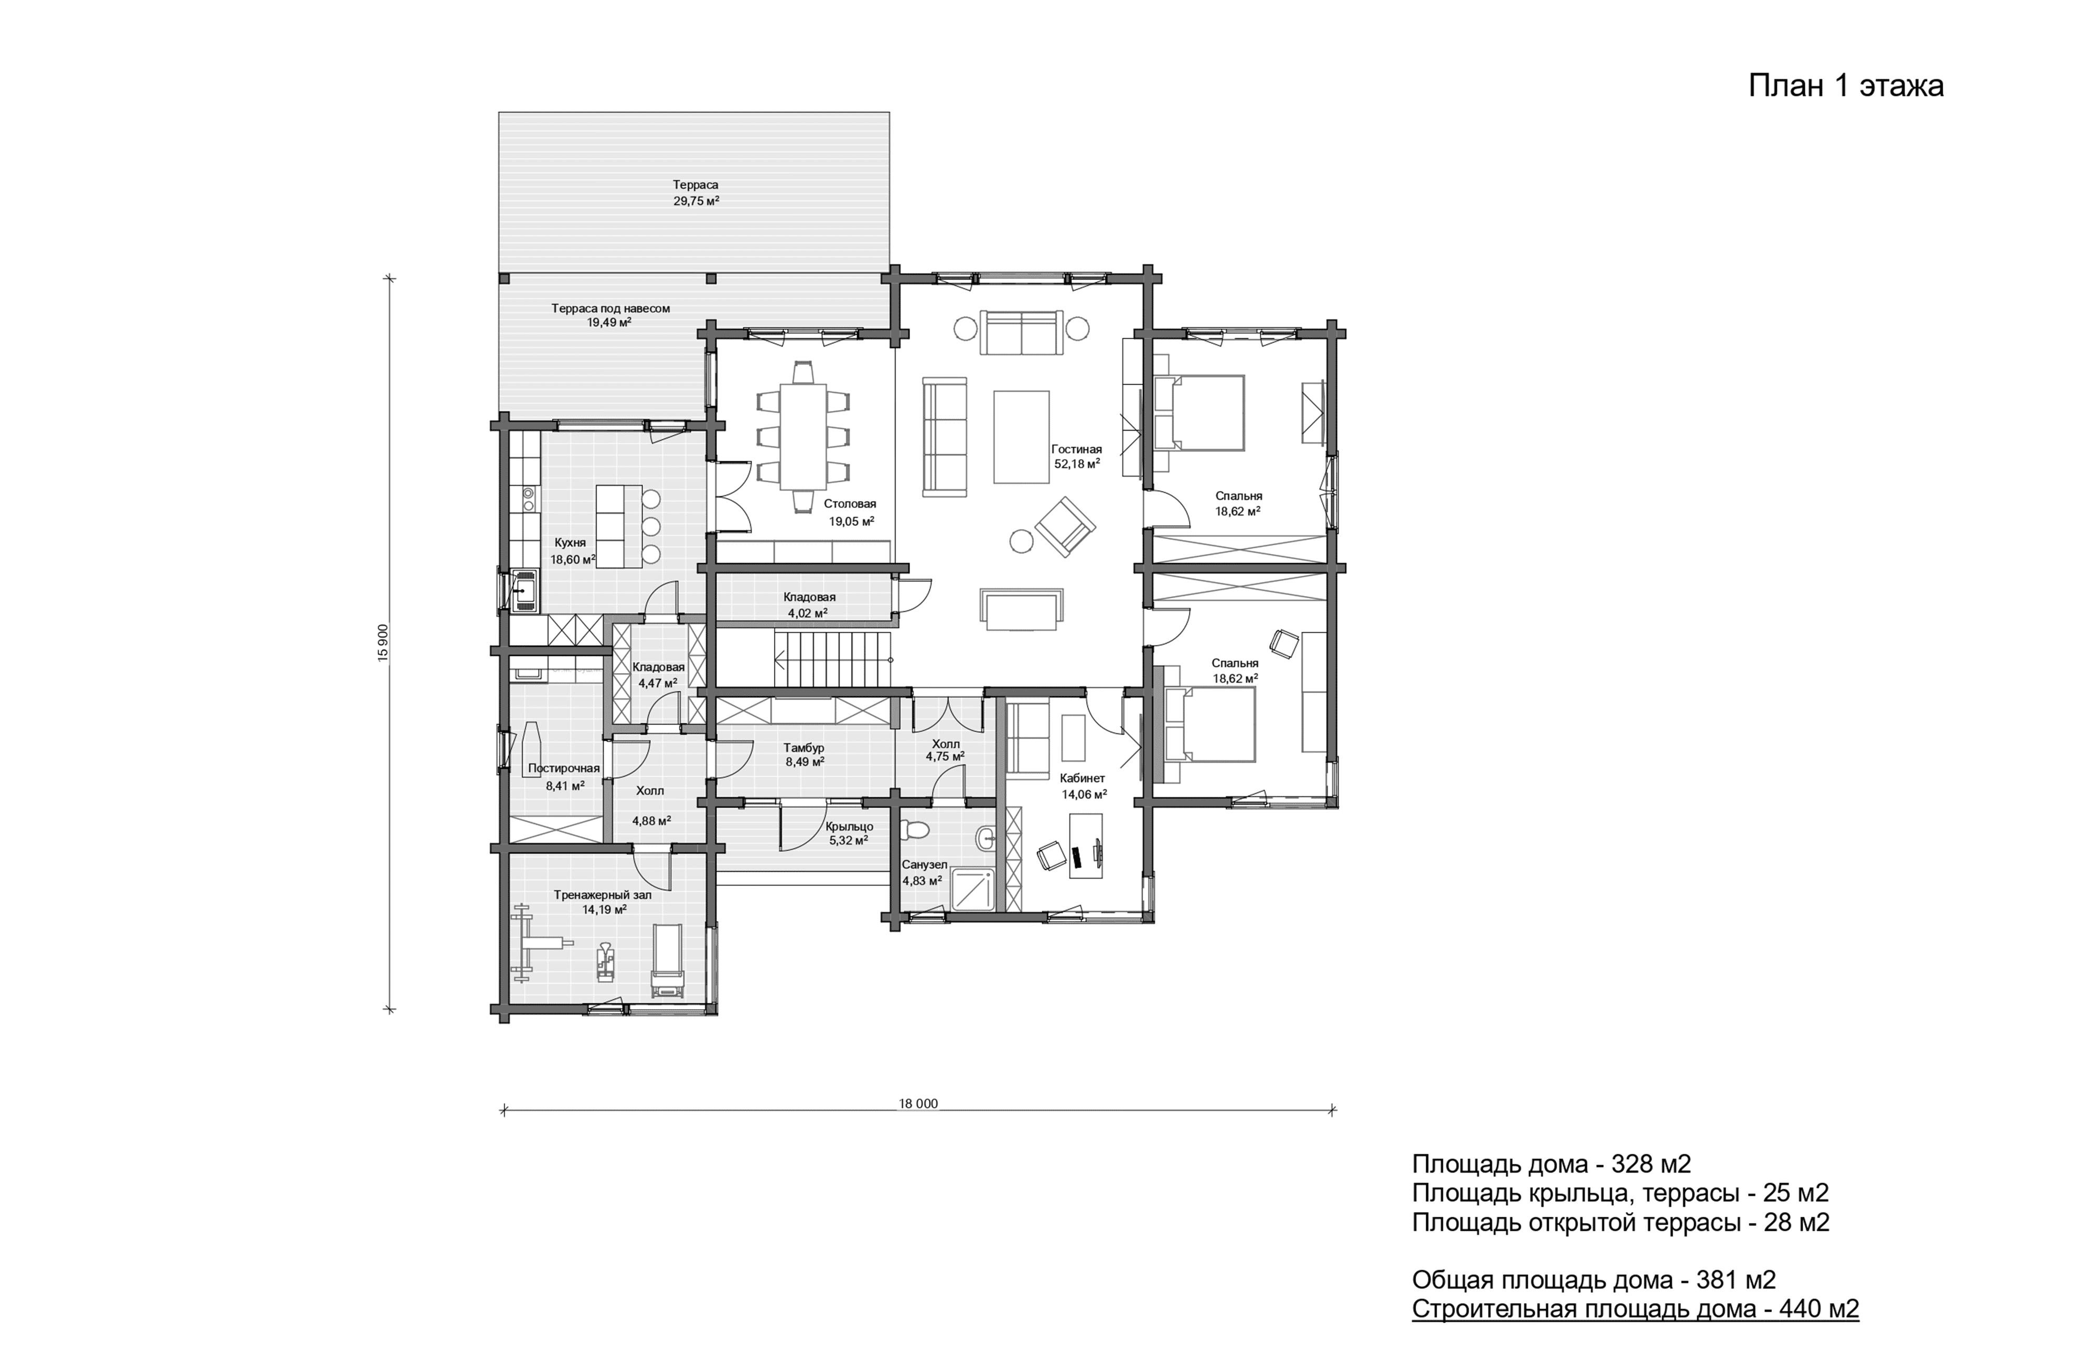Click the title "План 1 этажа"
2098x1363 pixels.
click(1846, 86)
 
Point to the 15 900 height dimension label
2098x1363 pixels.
click(382, 643)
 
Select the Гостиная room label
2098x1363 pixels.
click(1076, 449)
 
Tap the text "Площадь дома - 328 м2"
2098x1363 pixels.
click(1551, 1164)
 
